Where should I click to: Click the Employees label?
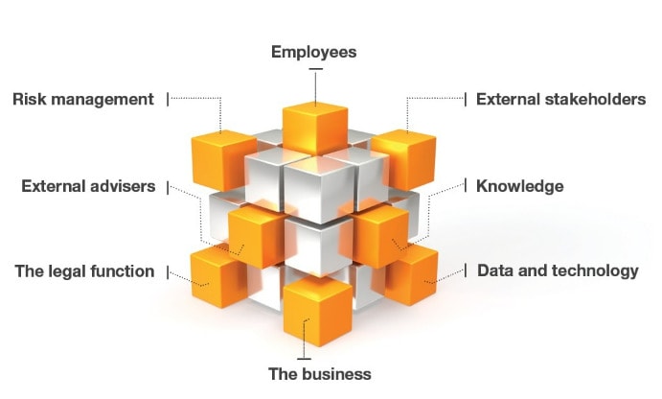313,52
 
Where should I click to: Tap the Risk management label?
82,99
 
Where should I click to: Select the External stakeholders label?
560,99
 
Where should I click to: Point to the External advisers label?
88,186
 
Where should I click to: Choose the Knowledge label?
519,186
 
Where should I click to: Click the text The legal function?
84,271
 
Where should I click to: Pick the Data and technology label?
558,270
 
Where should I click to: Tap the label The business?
319,373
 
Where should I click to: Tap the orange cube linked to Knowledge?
380,233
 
